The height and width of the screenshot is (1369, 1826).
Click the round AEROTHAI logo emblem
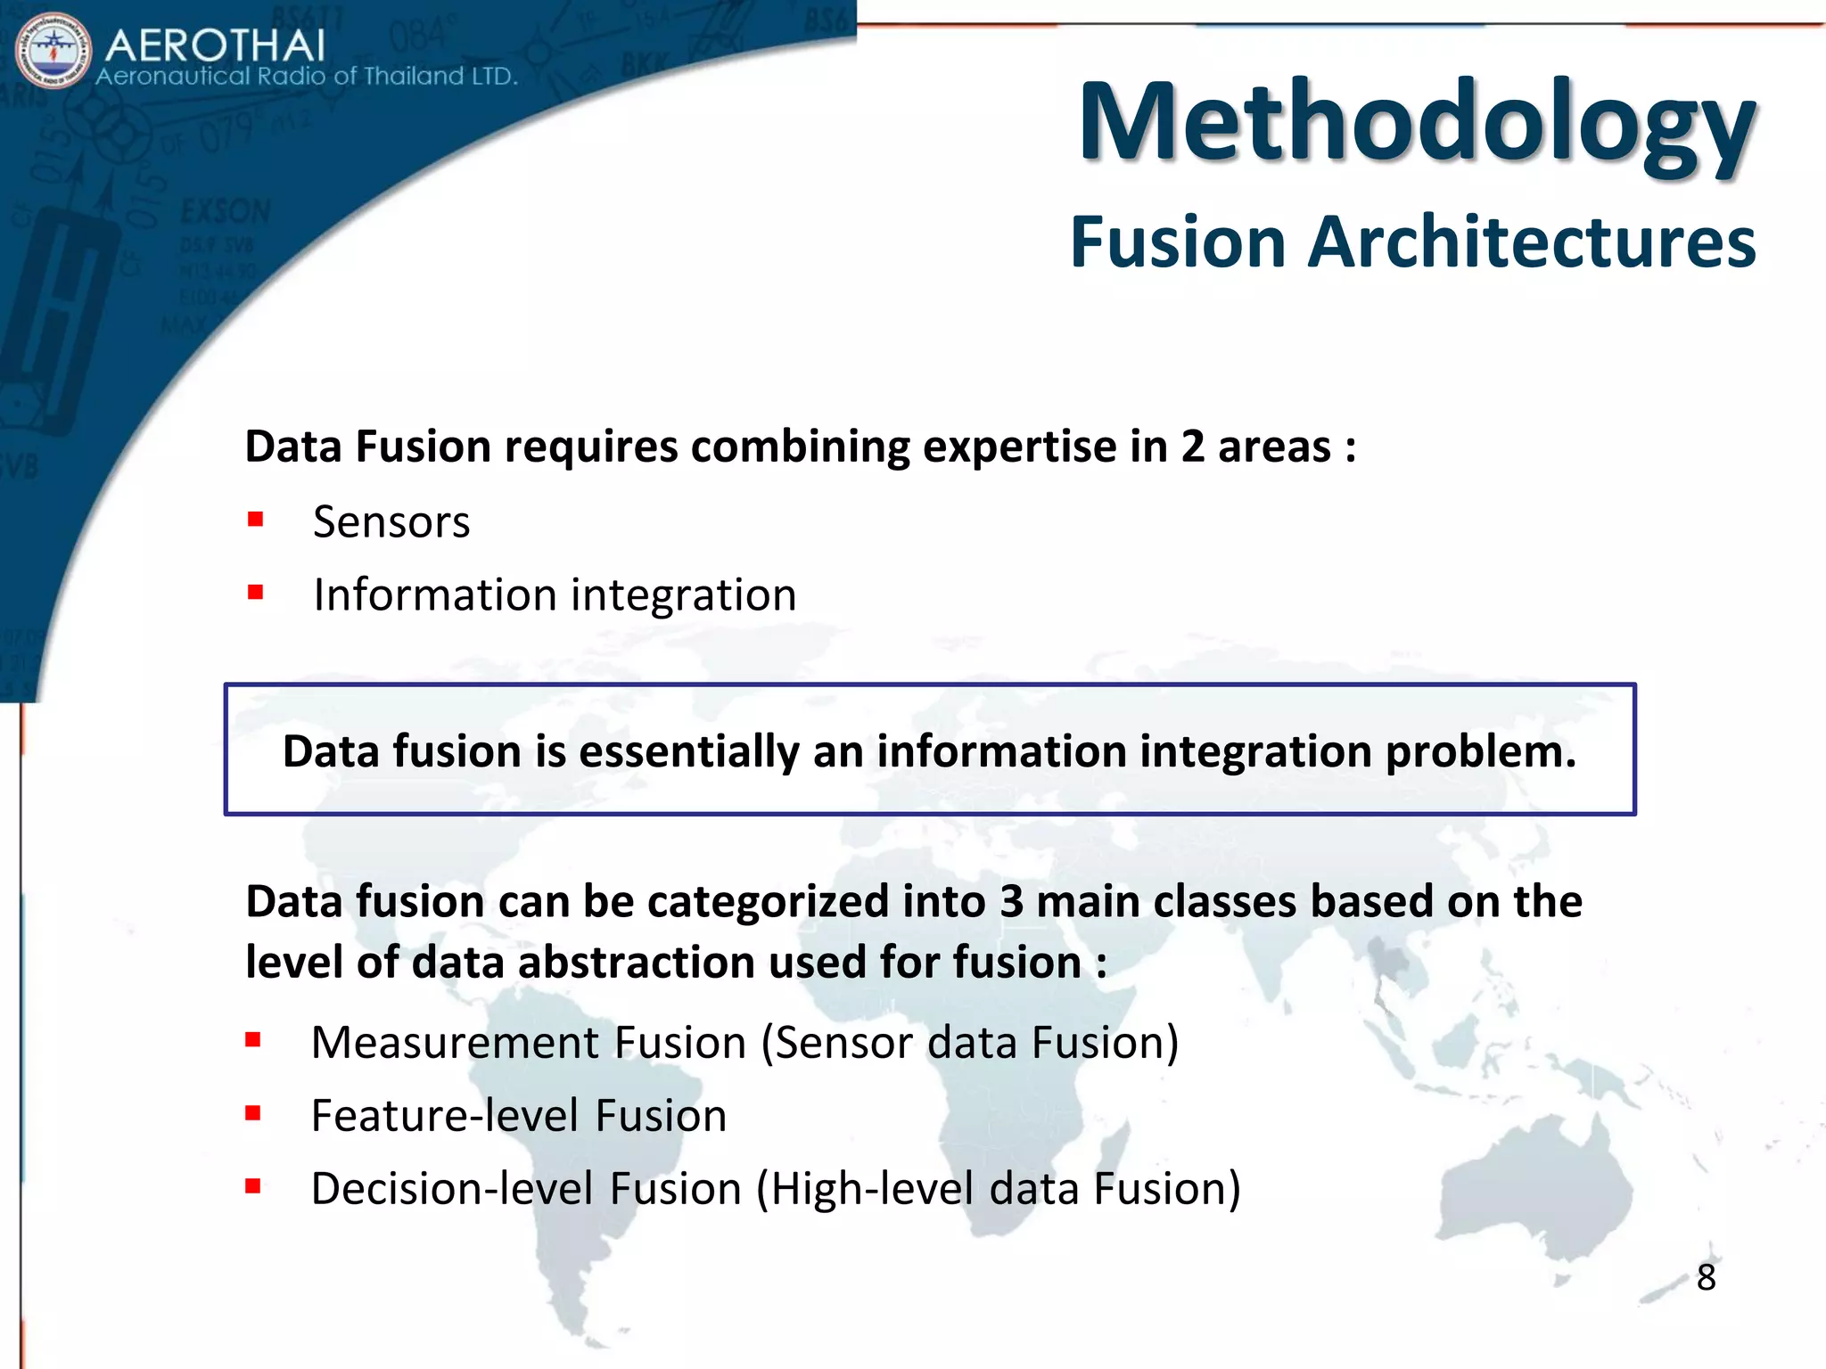click(53, 51)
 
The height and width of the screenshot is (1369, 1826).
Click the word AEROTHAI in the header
click(215, 45)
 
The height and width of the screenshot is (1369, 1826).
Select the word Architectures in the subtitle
click(1531, 242)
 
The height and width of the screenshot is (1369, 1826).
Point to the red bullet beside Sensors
click(256, 520)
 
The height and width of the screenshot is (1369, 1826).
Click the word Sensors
click(391, 522)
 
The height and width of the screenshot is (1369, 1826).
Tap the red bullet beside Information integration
click(256, 593)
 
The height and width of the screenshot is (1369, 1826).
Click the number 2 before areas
click(1192, 447)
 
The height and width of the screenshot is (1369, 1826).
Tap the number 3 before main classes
click(1011, 901)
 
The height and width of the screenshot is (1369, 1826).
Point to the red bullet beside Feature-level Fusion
click(253, 1113)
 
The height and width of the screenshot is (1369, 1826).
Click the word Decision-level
click(452, 1189)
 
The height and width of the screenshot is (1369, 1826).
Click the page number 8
click(1706, 1277)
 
